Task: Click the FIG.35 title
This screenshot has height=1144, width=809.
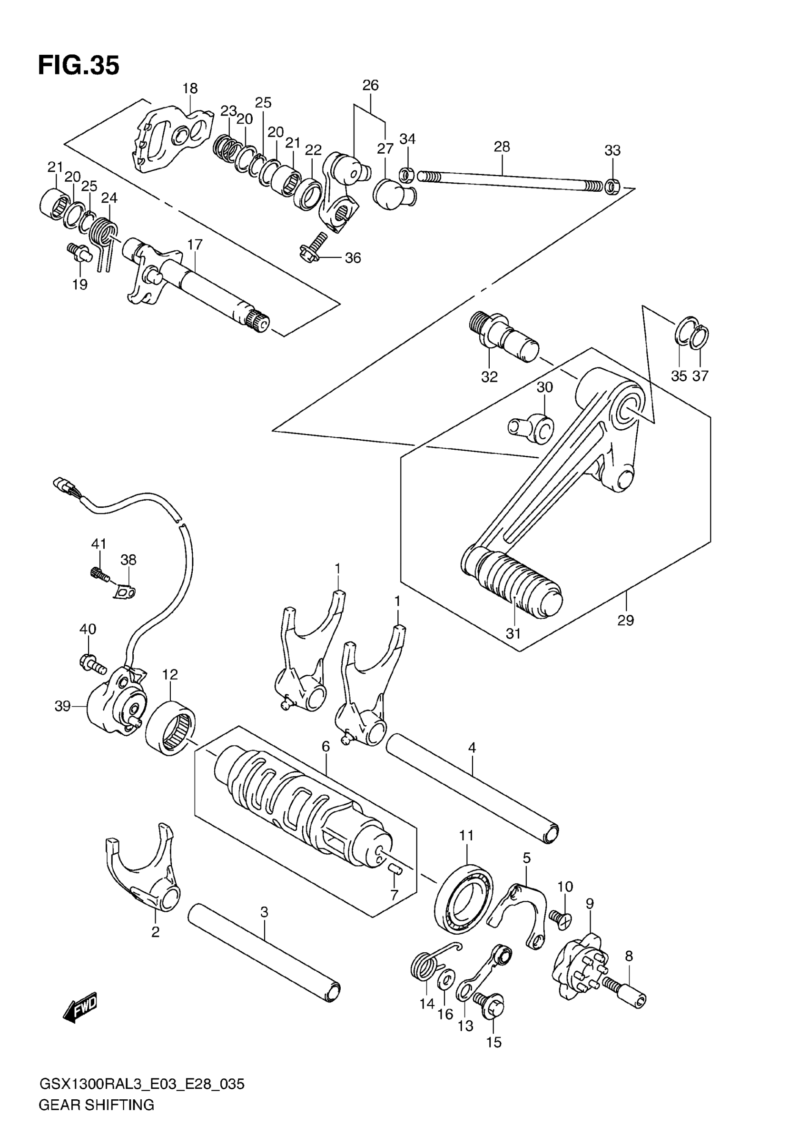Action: [79, 66]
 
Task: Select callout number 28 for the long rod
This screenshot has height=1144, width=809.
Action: [502, 147]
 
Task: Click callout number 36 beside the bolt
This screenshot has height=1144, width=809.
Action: [353, 258]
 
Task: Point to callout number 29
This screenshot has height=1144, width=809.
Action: [626, 621]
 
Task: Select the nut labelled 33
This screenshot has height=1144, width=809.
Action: [613, 187]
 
